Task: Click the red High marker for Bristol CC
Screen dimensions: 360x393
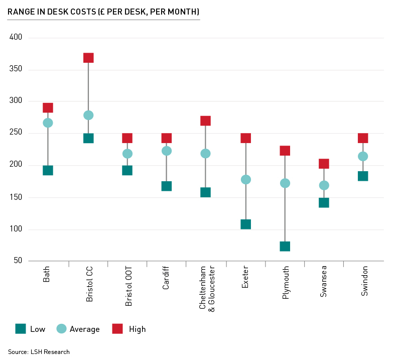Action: [88, 58]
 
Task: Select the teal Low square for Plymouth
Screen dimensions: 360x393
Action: [285, 246]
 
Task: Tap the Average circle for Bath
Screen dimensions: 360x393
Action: [48, 123]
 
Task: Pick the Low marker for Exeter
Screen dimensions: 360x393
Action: [245, 224]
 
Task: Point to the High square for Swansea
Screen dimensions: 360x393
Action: [324, 164]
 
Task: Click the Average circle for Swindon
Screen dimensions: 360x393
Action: [363, 156]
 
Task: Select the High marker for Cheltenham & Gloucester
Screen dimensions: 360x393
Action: [205, 121]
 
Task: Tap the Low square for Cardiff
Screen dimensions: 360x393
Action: [167, 186]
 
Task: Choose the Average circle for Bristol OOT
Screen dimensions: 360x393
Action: [127, 153]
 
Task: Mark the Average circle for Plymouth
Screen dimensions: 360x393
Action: [285, 183]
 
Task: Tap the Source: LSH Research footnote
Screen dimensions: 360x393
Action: [39, 351]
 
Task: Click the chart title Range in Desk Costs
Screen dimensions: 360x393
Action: [103, 11]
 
